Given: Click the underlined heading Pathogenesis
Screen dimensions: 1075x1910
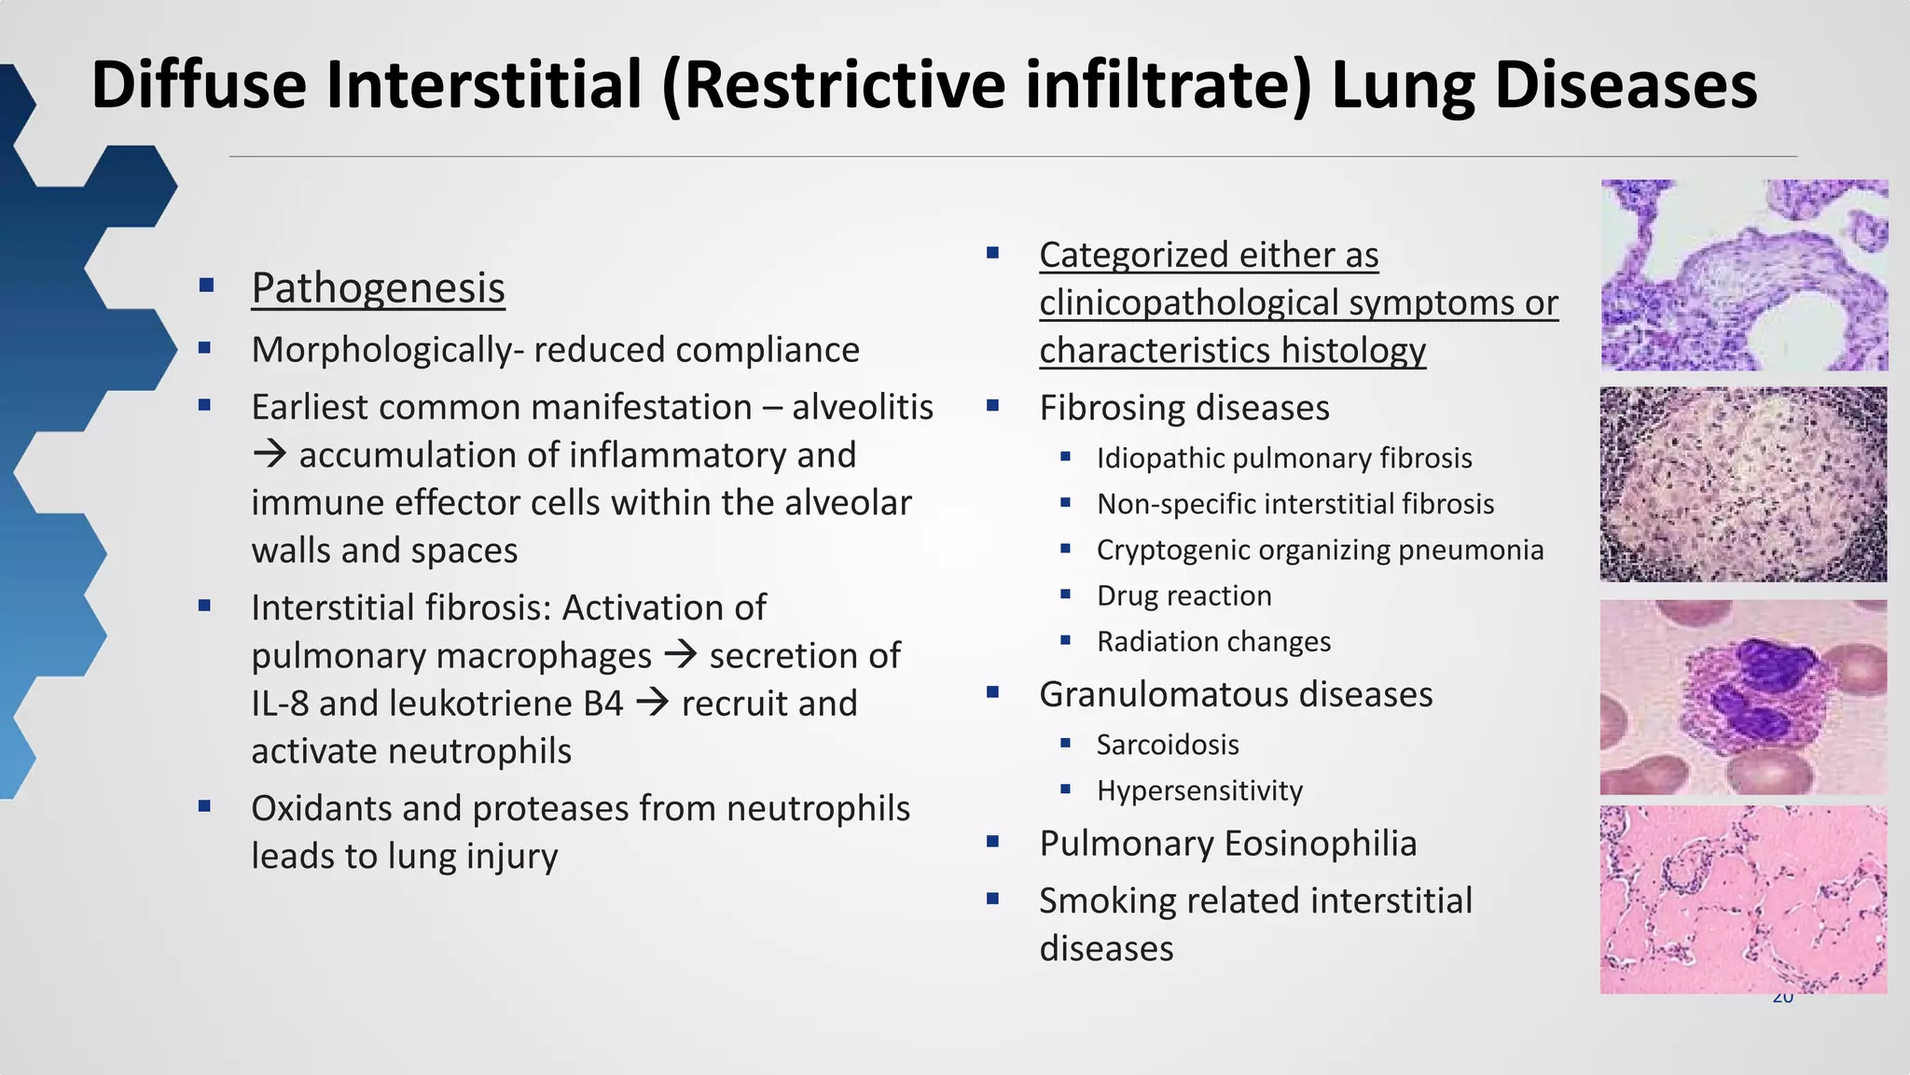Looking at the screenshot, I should point(378,287).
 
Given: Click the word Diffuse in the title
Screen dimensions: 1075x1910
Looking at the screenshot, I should point(198,85).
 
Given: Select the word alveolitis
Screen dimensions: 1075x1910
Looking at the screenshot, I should point(863,408).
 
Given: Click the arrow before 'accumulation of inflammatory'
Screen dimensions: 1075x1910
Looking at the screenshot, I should point(270,455).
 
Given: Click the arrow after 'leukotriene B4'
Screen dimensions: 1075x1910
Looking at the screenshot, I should point(652,703).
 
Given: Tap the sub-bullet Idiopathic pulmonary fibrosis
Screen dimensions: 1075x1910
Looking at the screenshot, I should point(1283,458).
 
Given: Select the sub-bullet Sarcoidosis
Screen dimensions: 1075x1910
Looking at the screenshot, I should point(1168,745).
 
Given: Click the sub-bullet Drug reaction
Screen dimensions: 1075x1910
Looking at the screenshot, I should point(1183,595).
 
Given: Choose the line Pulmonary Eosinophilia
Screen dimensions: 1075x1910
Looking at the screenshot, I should point(1227,844).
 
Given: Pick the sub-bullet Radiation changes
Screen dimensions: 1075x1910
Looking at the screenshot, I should point(1213,642).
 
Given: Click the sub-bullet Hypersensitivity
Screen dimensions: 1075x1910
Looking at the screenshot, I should point(1199,790).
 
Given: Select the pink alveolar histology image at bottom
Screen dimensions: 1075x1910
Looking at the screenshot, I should point(1743,899).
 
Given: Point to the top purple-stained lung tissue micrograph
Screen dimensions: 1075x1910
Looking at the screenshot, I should point(1743,275).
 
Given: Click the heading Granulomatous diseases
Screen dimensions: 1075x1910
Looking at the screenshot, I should point(1236,694).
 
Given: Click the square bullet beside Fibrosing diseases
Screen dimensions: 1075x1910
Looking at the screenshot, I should point(992,406).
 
